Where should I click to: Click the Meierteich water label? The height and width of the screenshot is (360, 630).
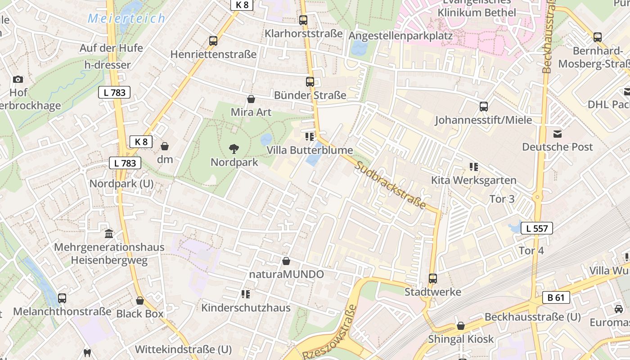tap(126, 18)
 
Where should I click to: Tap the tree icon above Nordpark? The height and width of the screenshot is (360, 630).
tap(234, 148)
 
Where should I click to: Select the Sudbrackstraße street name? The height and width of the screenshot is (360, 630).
tap(390, 184)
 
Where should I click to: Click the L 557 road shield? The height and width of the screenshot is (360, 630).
tap(536, 228)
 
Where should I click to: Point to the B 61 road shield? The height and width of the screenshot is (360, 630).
tap(556, 297)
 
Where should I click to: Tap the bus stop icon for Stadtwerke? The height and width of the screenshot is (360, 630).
tap(432, 279)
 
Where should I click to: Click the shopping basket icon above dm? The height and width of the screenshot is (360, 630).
tap(165, 146)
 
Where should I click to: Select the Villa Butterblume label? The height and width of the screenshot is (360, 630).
tap(310, 150)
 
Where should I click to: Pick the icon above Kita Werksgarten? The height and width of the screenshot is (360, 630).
tap(473, 167)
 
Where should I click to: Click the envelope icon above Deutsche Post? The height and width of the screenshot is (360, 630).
tap(558, 134)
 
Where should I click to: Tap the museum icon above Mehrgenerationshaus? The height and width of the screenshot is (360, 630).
tap(109, 234)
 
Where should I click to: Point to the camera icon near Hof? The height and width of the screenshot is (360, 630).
tap(18, 80)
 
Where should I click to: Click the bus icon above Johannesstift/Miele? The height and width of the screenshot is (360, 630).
tap(484, 107)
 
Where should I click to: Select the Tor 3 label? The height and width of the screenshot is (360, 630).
tap(502, 198)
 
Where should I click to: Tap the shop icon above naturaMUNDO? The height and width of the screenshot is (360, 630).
tap(286, 261)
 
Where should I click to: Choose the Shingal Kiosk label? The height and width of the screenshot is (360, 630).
tap(461, 339)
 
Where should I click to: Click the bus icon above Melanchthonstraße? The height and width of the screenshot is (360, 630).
tap(62, 298)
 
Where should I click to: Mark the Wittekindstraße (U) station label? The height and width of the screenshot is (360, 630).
tap(183, 349)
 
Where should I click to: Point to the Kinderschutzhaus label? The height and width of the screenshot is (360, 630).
tap(246, 308)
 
